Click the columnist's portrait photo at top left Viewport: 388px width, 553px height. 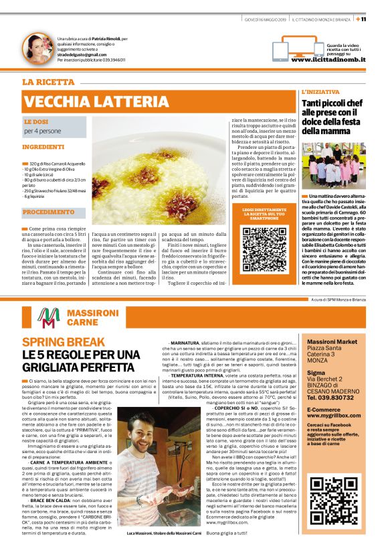click(37, 48)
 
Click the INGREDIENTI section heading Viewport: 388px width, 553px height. click(43, 146)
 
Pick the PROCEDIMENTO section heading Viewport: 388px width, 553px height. click(48, 212)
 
